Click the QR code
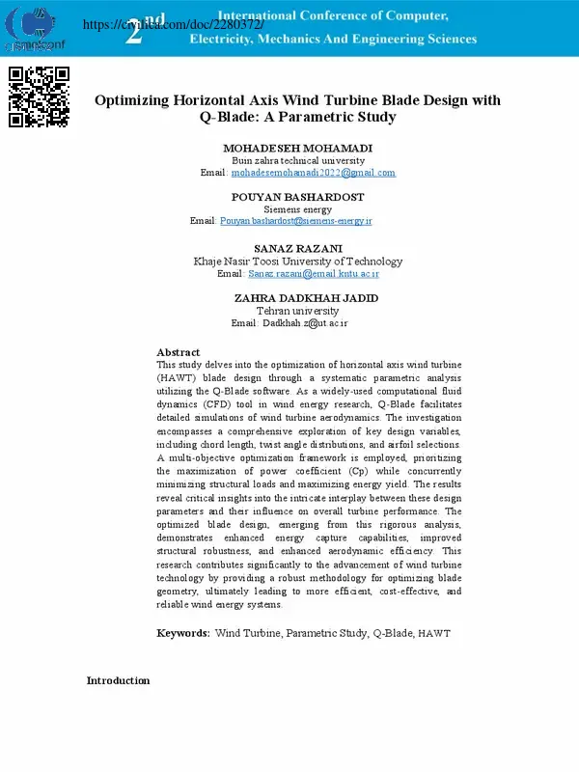(x=39, y=97)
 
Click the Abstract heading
(x=178, y=352)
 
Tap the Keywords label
(x=183, y=633)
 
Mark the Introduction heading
(x=118, y=680)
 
